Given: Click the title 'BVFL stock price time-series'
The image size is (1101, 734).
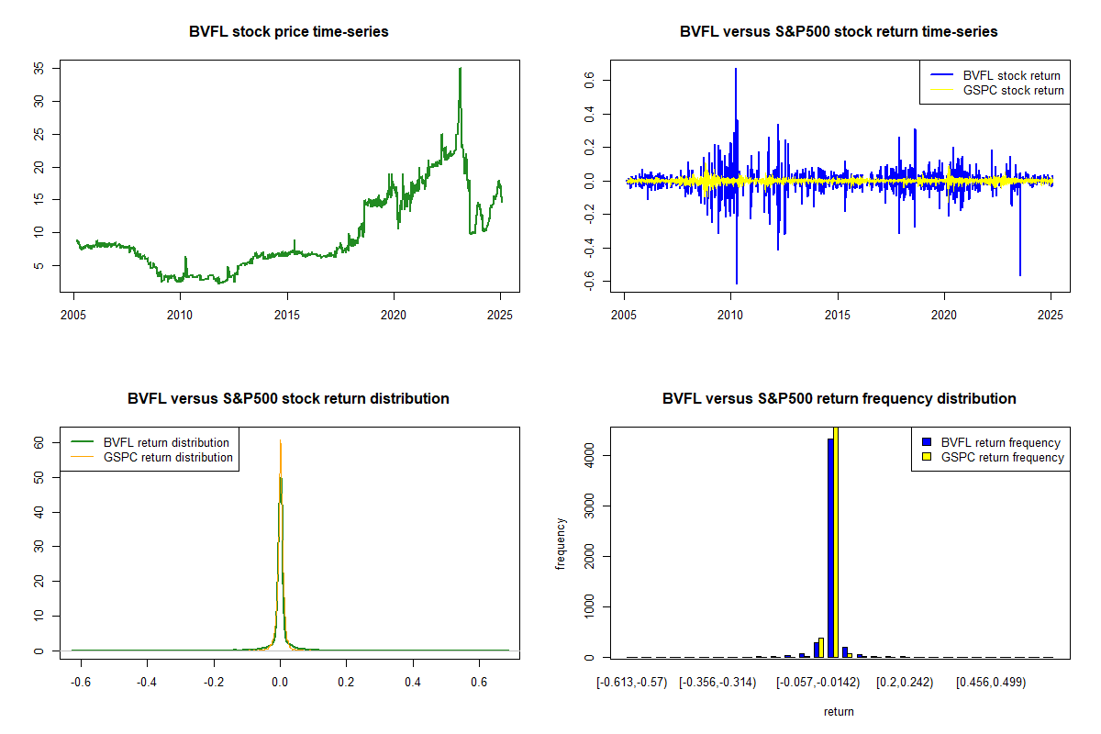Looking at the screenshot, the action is coord(288,31).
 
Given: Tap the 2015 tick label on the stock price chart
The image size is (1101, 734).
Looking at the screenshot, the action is coord(287,315).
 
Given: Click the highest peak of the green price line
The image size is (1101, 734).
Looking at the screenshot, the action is coord(460,68).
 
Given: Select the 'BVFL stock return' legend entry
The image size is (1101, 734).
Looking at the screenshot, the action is coord(995,76).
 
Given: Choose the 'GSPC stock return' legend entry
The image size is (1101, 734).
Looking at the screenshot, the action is coord(996,91).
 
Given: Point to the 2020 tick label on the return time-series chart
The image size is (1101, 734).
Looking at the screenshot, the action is coord(944,315).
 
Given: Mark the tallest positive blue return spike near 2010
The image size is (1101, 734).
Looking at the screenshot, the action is coord(736,70).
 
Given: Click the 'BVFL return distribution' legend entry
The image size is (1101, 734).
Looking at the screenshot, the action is coord(150,442).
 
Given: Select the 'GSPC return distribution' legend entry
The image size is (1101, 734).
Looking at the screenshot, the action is coord(151,457).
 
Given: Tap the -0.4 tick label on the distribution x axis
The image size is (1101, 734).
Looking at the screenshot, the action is coord(147,682).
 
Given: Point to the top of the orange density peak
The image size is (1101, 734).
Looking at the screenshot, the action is coord(280,440).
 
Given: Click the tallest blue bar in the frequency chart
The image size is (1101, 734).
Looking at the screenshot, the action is coord(830,548).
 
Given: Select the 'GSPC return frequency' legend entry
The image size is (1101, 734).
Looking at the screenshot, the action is coord(993,457).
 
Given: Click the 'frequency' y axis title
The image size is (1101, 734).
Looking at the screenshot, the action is coord(560,544).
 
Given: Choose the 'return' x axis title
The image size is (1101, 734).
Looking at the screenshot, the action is coord(839,711).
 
